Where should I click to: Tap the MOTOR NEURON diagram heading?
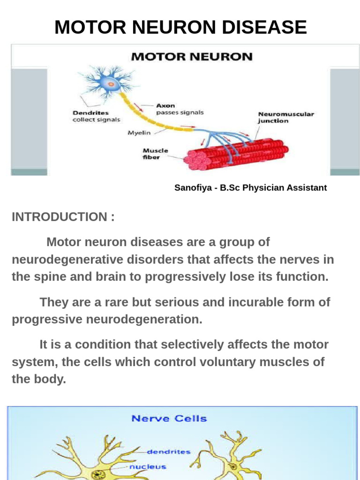coord(192,57)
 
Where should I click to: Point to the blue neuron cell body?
coord(111,84)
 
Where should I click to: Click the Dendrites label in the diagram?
coord(91,113)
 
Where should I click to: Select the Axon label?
coord(165,106)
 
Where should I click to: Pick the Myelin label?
coord(139,133)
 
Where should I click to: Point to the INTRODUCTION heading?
coord(63,217)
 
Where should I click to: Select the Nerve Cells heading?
coord(169,418)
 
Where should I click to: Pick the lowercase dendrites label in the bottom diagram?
coord(169,452)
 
